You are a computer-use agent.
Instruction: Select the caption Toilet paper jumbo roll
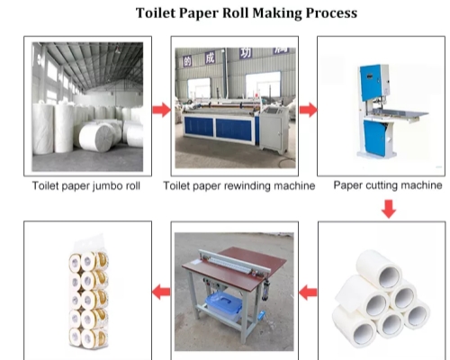point(87,186)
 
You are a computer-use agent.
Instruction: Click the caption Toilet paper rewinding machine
point(238,186)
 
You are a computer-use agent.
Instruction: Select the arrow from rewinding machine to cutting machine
point(308,110)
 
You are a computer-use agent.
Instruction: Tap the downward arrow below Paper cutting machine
point(388,210)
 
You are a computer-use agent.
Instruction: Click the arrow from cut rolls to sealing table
point(308,292)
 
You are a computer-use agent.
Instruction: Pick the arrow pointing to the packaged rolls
point(161,292)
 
